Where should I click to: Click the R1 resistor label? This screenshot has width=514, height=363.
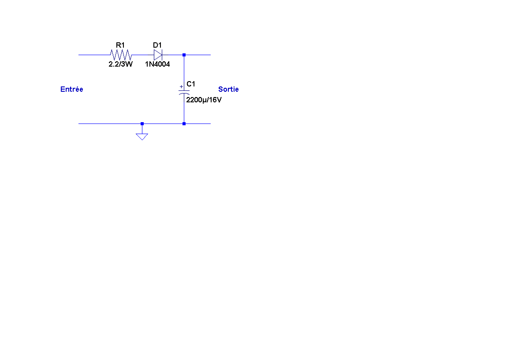(120, 45)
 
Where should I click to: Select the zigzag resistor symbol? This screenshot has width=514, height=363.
(120, 55)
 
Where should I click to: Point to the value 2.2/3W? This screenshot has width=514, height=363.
(120, 64)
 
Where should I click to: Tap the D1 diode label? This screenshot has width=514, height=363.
(157, 45)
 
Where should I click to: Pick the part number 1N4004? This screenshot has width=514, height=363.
(157, 64)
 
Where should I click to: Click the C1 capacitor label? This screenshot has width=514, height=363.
(191, 84)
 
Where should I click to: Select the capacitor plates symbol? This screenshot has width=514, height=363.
(184, 92)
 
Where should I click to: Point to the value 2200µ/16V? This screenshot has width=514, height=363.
(204, 100)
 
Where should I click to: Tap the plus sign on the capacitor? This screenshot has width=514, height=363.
(181, 87)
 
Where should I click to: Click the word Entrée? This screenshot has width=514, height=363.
(71, 89)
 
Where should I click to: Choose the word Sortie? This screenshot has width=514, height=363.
(228, 89)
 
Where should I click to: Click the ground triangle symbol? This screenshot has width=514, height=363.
(142, 136)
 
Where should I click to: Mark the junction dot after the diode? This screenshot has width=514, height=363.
(184, 55)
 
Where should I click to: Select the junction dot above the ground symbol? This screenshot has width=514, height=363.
(142, 123)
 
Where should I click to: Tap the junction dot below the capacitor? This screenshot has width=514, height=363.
(184, 123)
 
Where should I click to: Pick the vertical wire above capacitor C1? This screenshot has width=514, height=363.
(184, 71)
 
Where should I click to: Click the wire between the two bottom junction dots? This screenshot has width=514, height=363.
(163, 123)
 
